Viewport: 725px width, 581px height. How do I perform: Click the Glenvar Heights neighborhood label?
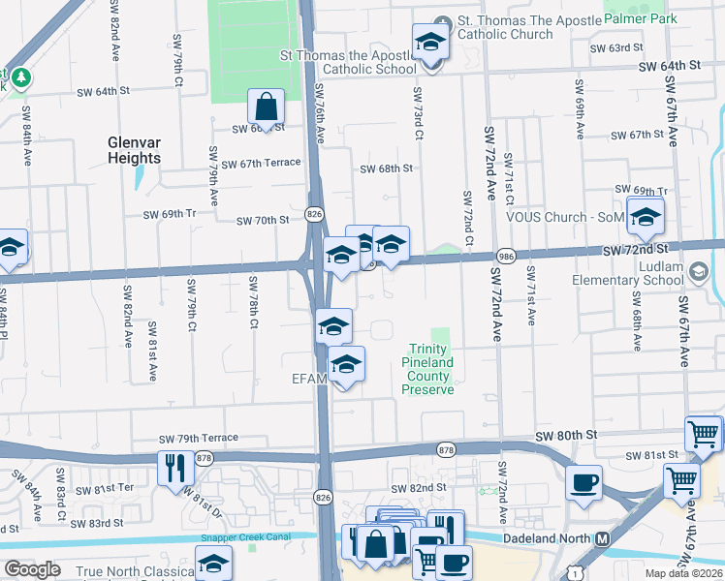pos(134,150)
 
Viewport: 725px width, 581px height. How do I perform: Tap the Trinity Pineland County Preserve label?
pos(427,369)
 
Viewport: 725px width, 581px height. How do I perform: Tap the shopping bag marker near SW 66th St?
pos(265,108)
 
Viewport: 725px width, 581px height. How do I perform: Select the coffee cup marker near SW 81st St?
pos(583,482)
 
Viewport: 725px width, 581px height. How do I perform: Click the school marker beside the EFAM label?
pos(346,365)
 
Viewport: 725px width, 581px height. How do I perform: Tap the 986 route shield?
pos(505,255)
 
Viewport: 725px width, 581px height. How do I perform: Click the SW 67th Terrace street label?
pos(261,163)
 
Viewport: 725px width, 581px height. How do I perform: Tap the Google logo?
pos(32,569)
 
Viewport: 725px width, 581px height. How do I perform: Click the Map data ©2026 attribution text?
pos(682,574)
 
